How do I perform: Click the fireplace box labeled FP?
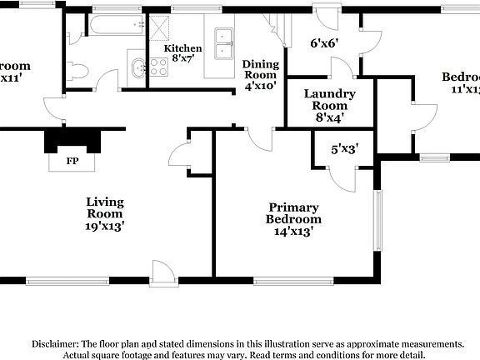(x=72, y=159)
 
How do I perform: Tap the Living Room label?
(x=105, y=207)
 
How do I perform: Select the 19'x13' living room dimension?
(x=105, y=226)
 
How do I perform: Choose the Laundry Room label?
(x=329, y=100)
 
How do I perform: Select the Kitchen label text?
(x=182, y=48)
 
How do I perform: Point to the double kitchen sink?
(x=224, y=43)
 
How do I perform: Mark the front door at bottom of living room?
(x=161, y=271)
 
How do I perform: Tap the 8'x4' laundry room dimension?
(x=329, y=118)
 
